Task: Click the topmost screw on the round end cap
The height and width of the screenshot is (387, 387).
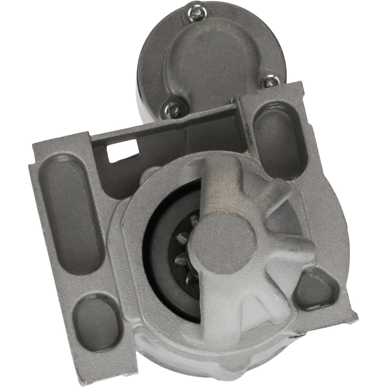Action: [x=197, y=12]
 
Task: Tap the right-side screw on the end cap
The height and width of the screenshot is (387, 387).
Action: [x=271, y=82]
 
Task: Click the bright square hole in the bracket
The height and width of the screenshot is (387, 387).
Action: [x=122, y=150]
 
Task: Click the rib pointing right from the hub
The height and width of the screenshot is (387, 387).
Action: [x=291, y=253]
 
